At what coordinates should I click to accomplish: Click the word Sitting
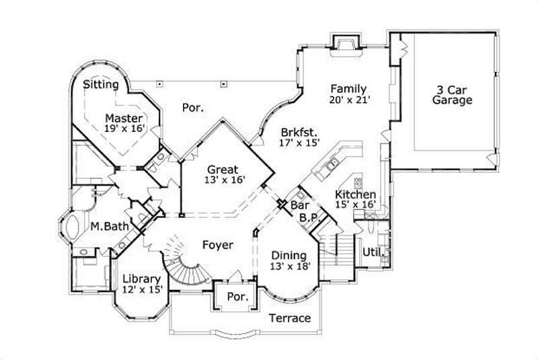102,85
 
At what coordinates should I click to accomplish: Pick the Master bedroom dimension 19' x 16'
125,128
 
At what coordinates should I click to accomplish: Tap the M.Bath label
110,227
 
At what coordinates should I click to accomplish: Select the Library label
141,279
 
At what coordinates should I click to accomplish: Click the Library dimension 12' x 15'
141,290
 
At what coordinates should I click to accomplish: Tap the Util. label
373,253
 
